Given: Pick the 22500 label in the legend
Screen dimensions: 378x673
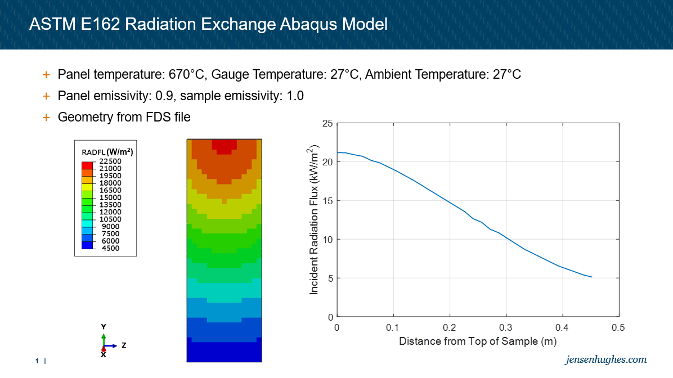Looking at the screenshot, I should tap(110, 161).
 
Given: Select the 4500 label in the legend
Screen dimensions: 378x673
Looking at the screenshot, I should tap(110, 248).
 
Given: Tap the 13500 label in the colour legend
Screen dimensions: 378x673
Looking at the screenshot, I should tap(110, 205).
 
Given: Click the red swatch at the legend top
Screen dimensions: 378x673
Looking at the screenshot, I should tap(87, 165).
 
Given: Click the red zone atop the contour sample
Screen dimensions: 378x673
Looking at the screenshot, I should tap(224, 146).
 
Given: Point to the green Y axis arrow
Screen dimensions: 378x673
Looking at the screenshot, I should tap(104, 338).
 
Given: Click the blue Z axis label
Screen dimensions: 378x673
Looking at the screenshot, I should tap(124, 345).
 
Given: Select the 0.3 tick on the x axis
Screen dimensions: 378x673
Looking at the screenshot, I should tap(506, 327).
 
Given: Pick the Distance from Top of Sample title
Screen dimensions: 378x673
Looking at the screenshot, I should tap(478, 341).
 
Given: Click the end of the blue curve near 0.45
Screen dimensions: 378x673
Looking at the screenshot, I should tap(591, 277).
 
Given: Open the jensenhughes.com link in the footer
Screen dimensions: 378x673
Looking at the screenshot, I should tap(606, 359).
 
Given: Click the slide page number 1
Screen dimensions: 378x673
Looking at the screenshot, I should tap(37, 360).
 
